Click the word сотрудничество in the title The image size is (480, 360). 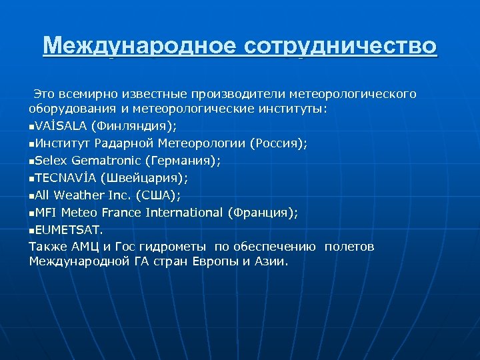point(341,46)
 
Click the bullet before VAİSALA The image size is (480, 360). point(31,126)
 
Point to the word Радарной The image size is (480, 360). point(123,143)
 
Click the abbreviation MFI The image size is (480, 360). point(46,212)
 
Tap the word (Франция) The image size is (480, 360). point(263,212)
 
